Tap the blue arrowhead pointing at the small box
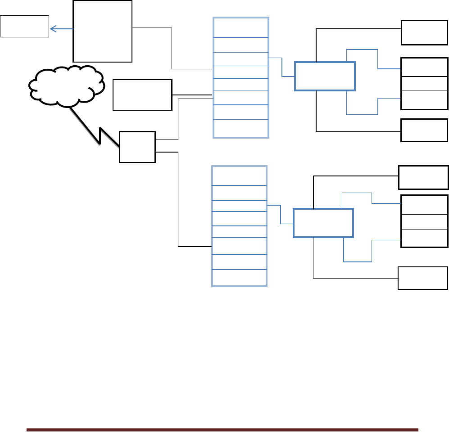coord(52,29)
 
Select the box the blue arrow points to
coord(24,26)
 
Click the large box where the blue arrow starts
coord(102,31)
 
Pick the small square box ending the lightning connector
coord(137,147)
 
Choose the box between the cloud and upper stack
coord(142,94)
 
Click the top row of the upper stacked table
coord(240,27)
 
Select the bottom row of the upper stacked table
coord(240,128)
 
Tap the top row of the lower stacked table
coord(239,175)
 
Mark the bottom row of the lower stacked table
coord(239,278)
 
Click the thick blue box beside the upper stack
coord(324,76)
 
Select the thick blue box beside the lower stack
coord(322,223)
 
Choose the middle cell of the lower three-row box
coord(424,221)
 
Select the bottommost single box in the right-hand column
coord(423,278)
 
